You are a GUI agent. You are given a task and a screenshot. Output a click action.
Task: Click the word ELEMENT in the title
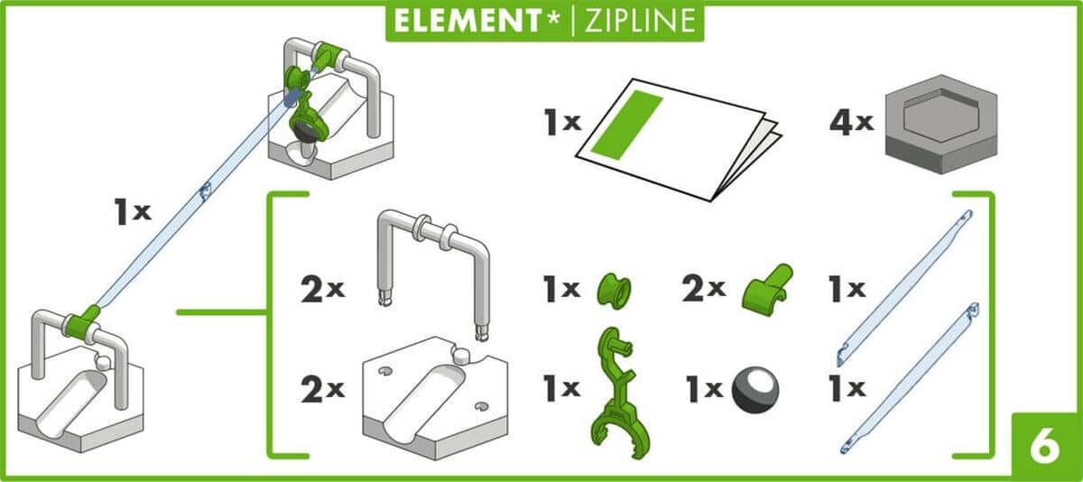coord(467,21)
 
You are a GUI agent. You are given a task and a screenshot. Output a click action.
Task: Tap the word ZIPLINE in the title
coord(640,21)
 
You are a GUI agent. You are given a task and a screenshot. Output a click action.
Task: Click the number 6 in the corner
coord(1045,448)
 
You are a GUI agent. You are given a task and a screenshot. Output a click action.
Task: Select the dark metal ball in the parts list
coord(755,390)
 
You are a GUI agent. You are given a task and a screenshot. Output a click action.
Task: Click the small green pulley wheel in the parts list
coord(614,290)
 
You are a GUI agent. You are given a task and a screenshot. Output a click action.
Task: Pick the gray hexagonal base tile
coord(940,124)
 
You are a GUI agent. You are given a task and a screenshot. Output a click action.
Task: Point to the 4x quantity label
coord(851,123)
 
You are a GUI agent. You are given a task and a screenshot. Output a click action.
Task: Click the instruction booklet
coord(677,140)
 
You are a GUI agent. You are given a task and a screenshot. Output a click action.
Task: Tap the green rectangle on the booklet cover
coord(626,125)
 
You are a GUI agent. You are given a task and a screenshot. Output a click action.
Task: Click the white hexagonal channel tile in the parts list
coord(435,399)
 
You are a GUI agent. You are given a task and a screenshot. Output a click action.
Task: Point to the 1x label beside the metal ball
coord(705,390)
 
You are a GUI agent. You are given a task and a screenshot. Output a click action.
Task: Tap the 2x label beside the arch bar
coord(322,290)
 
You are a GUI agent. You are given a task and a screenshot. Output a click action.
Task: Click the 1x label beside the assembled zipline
coord(133,212)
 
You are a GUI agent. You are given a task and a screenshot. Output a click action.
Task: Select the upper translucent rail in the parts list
coord(905,288)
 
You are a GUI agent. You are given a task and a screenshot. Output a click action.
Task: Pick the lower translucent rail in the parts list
coord(910,378)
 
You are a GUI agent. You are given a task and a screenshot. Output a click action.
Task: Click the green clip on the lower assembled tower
coord(82,323)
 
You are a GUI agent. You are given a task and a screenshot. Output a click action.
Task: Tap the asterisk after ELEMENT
coord(554,18)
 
